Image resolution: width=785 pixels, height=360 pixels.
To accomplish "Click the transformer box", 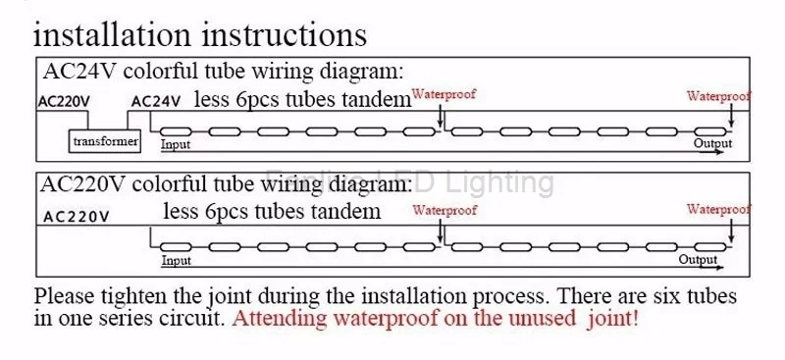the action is [x=105, y=141].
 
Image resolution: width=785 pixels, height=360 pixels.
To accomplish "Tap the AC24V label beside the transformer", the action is [x=156, y=102].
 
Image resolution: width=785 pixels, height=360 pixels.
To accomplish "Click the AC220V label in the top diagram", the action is [x=64, y=102].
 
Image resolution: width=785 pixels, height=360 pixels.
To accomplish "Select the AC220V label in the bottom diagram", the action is [x=77, y=217].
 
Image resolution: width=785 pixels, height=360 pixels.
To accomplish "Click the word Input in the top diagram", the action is [x=176, y=145].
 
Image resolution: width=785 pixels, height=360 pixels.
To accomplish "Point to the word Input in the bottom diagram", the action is [x=177, y=260].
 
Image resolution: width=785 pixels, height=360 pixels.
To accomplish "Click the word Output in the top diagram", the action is [x=712, y=143].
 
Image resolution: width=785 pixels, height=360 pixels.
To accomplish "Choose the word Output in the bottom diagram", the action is [x=698, y=260].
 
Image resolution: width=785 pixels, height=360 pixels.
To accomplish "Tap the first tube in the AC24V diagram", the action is [x=176, y=131].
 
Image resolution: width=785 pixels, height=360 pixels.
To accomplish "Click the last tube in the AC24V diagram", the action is [x=709, y=131].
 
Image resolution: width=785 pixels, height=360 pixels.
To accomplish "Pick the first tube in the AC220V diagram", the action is [x=176, y=247].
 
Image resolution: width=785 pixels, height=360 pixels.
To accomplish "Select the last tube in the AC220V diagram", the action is [x=709, y=247].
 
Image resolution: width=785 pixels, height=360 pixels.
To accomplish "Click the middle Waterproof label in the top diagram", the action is [x=444, y=94].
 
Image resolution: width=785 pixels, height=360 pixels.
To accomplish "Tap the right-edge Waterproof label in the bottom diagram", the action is [x=718, y=210].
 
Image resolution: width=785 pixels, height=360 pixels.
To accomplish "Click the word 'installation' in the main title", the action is [x=112, y=34].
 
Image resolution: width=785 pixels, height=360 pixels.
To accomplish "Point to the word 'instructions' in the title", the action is [x=285, y=34].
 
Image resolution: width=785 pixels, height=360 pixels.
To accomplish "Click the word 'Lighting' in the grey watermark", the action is [x=499, y=182].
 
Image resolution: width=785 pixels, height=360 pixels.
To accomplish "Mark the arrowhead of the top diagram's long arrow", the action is [x=719, y=152].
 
